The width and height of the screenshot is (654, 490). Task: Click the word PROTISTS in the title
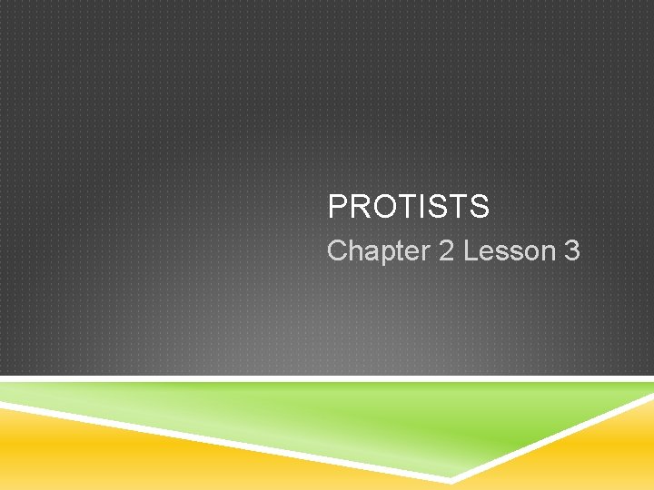pos(408,207)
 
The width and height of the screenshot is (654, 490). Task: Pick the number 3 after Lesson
pos(571,251)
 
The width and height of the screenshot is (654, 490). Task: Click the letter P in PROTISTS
pos(337,207)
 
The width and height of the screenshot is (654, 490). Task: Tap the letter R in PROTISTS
pos(357,207)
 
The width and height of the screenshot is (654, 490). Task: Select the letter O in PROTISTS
pos(380,207)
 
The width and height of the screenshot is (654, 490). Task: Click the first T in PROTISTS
pos(401,207)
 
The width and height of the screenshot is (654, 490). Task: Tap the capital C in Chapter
pos(337,251)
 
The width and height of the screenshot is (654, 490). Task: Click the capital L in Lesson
pos(471,251)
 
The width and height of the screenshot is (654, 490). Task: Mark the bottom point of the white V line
pos(451,478)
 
